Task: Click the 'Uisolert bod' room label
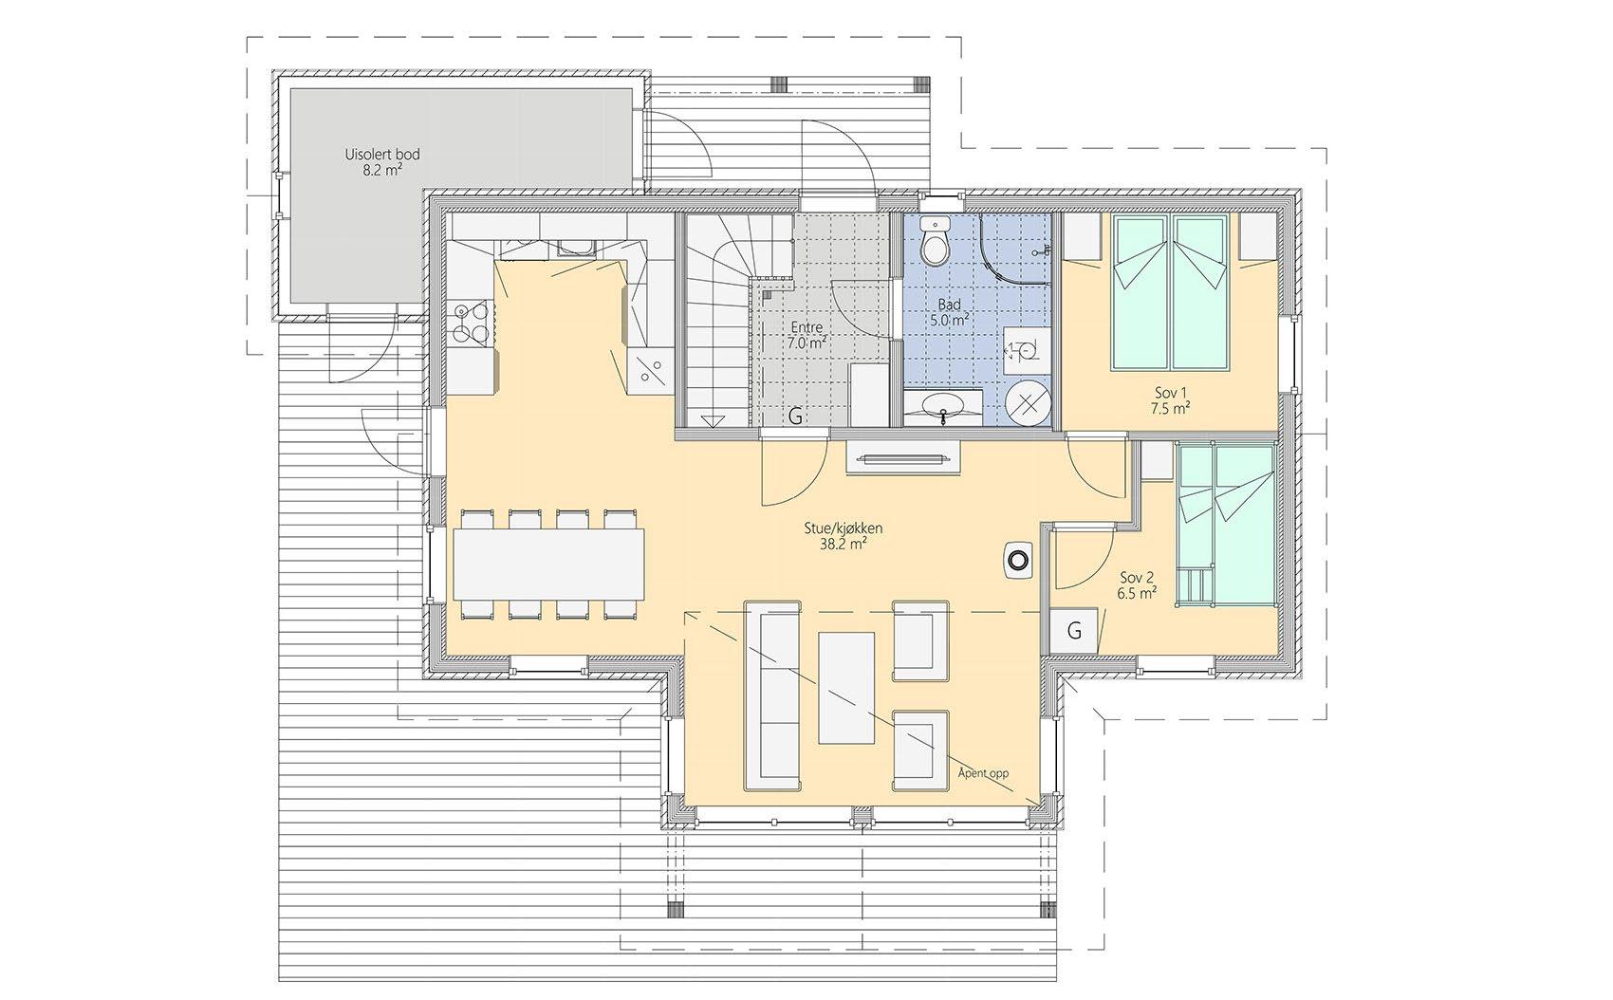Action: pos(381,154)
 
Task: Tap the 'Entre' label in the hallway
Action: pos(806,328)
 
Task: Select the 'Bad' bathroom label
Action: pos(949,306)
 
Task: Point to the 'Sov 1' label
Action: pos(1170,393)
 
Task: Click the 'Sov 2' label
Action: pos(1137,578)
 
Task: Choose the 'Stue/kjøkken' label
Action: pos(844,528)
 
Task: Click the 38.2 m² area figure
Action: pos(844,545)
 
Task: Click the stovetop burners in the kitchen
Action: pos(471,323)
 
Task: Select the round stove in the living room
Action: pos(1017,560)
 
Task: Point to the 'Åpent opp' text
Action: pos(983,773)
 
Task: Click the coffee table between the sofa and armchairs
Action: pos(846,688)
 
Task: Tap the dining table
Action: pos(548,565)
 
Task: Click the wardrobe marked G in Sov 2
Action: pos(1074,631)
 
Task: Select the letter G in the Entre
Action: pos(795,416)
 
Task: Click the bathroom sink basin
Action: pos(944,404)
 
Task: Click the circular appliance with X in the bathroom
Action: pos(1028,404)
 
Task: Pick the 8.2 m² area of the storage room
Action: pos(382,170)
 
